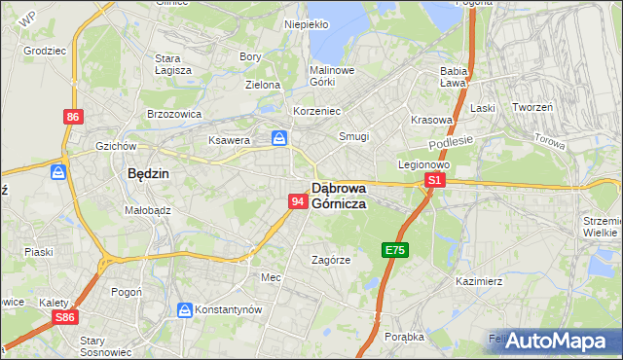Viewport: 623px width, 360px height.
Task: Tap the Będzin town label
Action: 149,173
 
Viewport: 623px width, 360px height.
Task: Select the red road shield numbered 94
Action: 299,201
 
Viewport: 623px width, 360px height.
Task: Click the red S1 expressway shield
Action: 435,180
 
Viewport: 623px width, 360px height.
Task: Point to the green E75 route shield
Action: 394,250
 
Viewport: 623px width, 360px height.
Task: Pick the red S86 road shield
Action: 64,317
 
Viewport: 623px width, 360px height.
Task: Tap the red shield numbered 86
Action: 73,117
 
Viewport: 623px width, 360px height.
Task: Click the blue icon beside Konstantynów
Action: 184,309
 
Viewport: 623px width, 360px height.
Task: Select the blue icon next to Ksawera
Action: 279,139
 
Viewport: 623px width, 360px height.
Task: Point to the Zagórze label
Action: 330,260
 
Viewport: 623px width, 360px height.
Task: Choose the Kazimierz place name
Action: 478,281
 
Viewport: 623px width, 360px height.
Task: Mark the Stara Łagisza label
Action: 173,64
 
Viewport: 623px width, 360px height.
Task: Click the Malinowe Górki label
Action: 332,77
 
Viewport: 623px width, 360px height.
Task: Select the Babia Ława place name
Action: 455,77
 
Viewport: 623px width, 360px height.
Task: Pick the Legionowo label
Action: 422,164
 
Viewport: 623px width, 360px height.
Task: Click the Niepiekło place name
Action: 307,24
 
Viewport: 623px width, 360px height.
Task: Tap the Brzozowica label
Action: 173,113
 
